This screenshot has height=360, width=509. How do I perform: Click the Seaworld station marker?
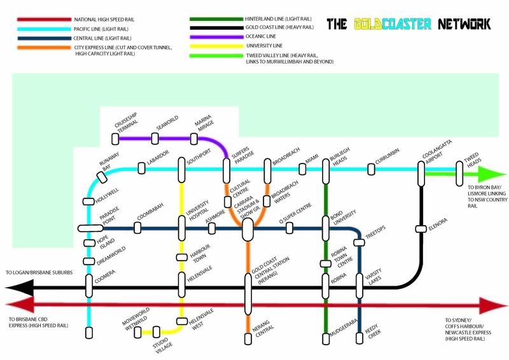coord(155,138)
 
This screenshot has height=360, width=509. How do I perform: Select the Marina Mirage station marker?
coord(195,138)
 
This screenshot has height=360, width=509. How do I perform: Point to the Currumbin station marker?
coord(371,169)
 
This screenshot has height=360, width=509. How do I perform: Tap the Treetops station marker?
coord(359,242)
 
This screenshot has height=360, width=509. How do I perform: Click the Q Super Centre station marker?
coord(289,227)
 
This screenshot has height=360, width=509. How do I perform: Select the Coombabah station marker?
coord(138,227)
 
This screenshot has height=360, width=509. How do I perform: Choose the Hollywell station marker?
coord(88,202)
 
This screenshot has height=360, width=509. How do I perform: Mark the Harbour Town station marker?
coord(181,258)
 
